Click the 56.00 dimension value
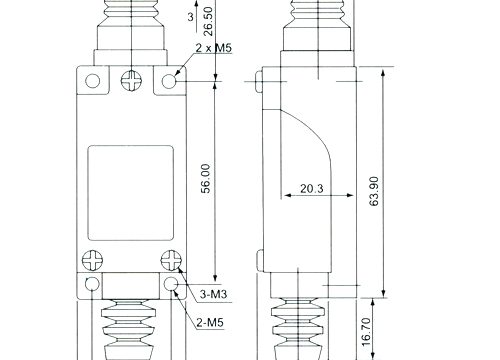(206, 179)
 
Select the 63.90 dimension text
(374, 191)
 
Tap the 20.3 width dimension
(312, 189)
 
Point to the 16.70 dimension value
(366, 332)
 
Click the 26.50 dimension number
(208, 21)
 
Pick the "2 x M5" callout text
(213, 48)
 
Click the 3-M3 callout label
(213, 294)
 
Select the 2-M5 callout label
(210, 323)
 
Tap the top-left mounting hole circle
(93, 81)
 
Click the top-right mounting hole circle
(169, 81)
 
